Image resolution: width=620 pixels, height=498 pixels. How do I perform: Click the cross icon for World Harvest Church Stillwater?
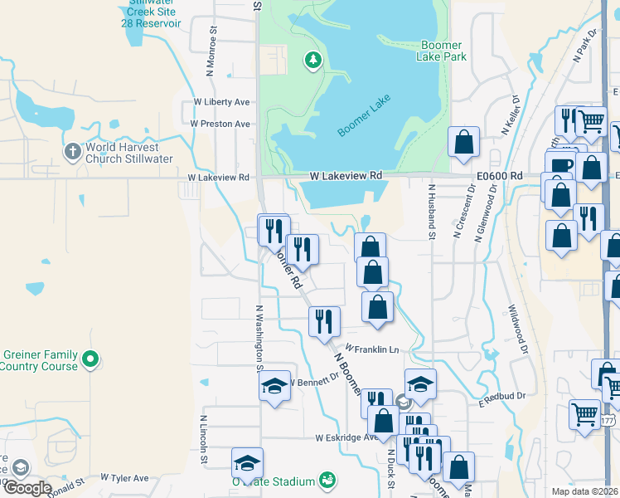click(x=73, y=152)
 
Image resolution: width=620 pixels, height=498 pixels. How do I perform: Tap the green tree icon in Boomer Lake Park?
click(x=312, y=59)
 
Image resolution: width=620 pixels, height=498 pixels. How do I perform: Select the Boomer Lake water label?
click(x=365, y=115)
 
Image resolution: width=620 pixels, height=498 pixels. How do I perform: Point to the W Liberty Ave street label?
click(x=221, y=102)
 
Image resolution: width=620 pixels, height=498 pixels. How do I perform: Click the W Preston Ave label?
click(x=220, y=124)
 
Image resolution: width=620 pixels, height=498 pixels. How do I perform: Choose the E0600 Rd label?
click(x=500, y=176)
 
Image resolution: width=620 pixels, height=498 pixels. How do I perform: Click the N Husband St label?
click(x=432, y=212)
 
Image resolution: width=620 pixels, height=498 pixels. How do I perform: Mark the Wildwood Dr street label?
click(x=518, y=326)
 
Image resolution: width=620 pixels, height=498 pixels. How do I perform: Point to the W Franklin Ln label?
click(x=372, y=349)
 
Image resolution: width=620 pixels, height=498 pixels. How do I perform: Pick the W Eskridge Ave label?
click(x=346, y=437)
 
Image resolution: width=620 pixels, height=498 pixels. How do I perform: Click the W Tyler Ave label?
click(x=124, y=478)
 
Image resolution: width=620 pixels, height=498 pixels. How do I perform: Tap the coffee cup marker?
click(x=560, y=164)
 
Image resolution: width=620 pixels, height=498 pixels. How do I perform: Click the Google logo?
click(x=27, y=487)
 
